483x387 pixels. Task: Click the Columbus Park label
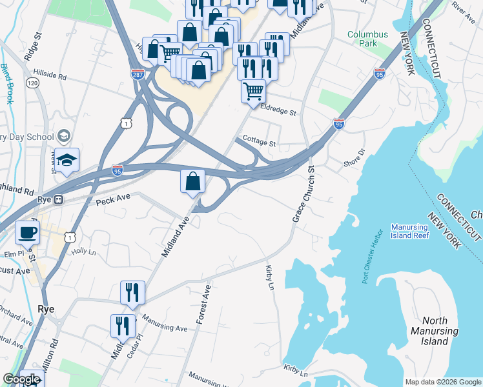click(x=367, y=39)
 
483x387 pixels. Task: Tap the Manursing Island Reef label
click(x=418, y=232)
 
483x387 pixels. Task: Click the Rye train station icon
click(x=58, y=200)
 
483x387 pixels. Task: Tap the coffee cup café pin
click(x=27, y=232)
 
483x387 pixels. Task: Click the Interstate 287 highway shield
click(x=137, y=75)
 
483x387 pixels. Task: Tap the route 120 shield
click(x=31, y=83)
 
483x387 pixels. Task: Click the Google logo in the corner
click(x=21, y=380)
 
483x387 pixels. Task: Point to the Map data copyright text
click(x=442, y=382)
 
